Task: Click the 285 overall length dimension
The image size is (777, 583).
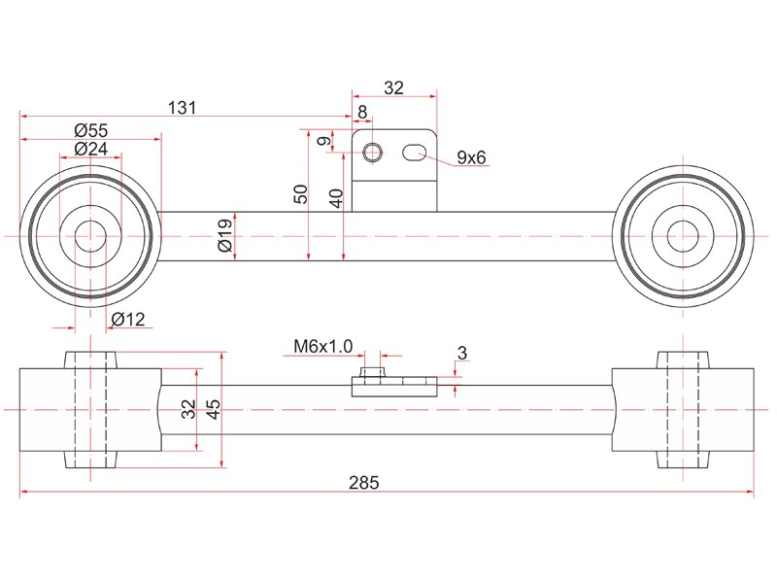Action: pos(363,482)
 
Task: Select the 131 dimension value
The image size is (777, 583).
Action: pos(183,107)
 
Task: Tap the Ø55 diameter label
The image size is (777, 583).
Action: pos(90,130)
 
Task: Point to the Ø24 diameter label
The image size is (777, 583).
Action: pos(90,148)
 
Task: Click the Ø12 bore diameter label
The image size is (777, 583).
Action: pos(128,319)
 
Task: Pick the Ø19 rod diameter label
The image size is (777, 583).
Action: pos(224,235)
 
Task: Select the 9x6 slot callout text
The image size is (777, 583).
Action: pos(471,157)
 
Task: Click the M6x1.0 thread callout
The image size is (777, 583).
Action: pos(323,346)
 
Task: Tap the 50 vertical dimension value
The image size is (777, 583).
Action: pos(301,193)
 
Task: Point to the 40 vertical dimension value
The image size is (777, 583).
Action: pos(336,198)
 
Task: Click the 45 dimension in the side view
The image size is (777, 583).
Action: pos(213,409)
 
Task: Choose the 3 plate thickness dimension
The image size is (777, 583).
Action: pos(462,353)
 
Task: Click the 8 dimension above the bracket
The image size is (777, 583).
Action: pos(362,112)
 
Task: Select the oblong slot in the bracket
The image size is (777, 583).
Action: pos(415,153)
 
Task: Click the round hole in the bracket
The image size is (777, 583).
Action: pos(372,153)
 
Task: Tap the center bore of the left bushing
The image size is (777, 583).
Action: pos(90,236)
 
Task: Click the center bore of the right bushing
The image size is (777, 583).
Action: pos(683,236)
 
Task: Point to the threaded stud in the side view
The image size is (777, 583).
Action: pos(372,372)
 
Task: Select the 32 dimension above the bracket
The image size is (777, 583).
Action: pos(394,87)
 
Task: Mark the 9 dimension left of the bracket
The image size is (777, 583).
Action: pos(324,141)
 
